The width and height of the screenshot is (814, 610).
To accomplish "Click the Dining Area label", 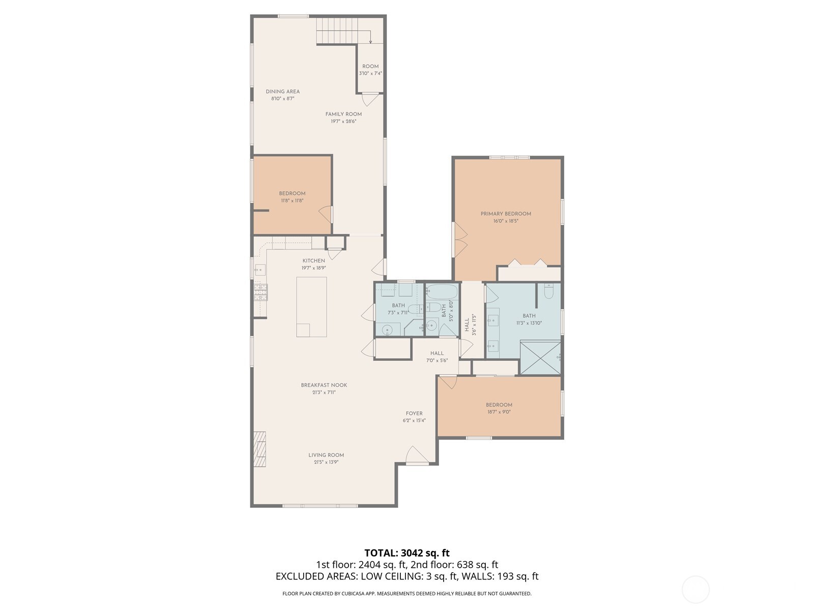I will [283, 91].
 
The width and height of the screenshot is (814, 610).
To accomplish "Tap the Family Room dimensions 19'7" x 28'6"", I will [343, 121].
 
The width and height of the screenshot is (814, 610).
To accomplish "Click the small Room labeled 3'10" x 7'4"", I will [370, 69].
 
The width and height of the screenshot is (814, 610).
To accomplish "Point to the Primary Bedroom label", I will [506, 213].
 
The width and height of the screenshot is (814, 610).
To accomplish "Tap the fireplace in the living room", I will [260, 449].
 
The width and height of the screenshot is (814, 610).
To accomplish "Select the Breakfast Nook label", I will [324, 385].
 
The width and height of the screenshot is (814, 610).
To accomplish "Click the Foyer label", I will [414, 413].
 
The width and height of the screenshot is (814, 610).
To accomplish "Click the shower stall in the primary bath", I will [540, 358].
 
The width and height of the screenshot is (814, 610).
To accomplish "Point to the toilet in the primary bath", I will [548, 291].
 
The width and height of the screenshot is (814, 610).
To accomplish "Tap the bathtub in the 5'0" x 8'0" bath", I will [442, 291].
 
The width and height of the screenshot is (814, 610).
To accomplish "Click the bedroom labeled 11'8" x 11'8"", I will [292, 196].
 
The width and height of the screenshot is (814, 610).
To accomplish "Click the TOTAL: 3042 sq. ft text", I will [406, 553].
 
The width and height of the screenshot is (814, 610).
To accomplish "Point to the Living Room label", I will [326, 455].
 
